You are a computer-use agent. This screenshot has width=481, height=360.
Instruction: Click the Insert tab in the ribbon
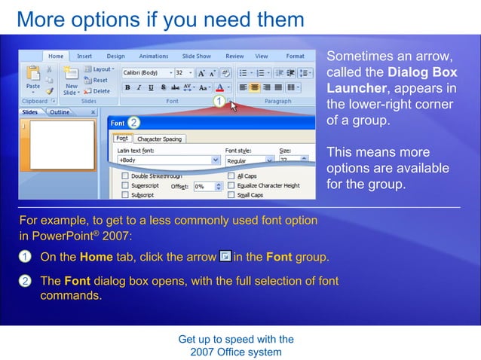(84, 56)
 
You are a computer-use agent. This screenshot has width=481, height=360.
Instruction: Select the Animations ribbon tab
(154, 56)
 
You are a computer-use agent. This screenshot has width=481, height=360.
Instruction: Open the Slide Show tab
(197, 56)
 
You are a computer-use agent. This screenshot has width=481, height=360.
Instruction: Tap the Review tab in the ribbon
(234, 56)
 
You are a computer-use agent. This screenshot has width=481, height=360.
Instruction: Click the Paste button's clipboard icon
(33, 73)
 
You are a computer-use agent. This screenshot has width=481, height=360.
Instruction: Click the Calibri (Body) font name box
(146, 73)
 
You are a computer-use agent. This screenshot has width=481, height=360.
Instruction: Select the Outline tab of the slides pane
(60, 112)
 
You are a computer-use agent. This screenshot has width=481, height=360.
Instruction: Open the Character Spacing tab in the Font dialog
(160, 139)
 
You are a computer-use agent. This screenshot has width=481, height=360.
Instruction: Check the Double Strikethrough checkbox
(125, 175)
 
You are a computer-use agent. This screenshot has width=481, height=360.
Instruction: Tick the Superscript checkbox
(125, 185)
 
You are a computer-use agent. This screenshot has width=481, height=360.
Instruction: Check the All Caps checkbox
(231, 175)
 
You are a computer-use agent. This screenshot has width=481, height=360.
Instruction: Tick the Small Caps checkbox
(231, 195)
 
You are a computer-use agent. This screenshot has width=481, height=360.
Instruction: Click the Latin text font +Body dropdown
(169, 160)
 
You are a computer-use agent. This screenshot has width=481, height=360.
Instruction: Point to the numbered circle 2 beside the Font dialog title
(133, 122)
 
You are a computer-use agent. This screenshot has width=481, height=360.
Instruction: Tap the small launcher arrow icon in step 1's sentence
(225, 257)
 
